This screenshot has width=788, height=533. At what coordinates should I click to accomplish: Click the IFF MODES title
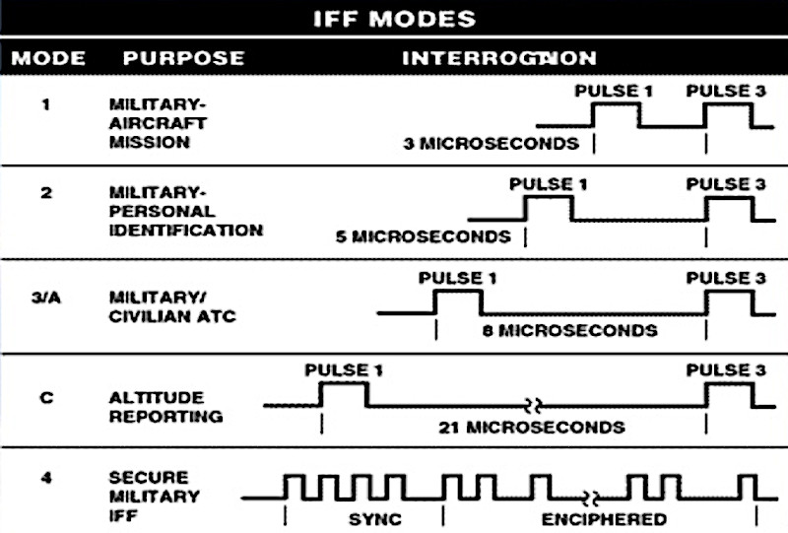(x=393, y=18)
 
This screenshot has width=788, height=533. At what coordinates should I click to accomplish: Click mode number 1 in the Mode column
(x=46, y=102)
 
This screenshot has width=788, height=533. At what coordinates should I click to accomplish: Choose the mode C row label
(x=47, y=398)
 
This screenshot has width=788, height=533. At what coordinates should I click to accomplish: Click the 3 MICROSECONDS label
(x=492, y=144)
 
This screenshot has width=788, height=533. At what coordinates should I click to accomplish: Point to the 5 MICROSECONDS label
(x=425, y=236)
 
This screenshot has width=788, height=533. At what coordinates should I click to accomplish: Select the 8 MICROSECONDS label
(x=570, y=331)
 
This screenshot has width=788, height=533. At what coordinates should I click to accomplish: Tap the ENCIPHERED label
(x=604, y=518)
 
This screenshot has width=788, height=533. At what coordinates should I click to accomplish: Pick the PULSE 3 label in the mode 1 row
(x=726, y=92)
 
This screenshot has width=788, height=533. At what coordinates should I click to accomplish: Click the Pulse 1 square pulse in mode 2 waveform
(x=549, y=208)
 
